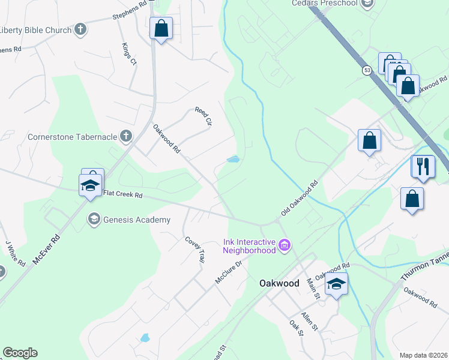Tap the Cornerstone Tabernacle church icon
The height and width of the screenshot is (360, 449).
click(x=125, y=136)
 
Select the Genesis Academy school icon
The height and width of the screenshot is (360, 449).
click(x=94, y=220)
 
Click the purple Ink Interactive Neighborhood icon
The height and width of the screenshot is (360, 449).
click(x=285, y=245)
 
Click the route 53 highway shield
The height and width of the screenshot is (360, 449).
click(x=367, y=71)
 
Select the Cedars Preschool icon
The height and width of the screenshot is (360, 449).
click(x=367, y=3)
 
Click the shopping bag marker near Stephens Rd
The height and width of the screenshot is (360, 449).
click(x=161, y=28)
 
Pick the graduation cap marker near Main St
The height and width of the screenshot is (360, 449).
click(x=336, y=284)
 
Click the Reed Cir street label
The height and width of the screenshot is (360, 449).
click(x=204, y=116)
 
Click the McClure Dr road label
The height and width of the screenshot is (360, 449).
click(x=228, y=272)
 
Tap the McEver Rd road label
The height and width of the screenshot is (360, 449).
click(x=47, y=247)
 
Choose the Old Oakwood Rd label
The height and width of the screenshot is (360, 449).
click(x=299, y=200)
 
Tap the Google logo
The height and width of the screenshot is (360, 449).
click(x=20, y=353)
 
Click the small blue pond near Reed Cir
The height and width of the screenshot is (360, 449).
click(x=233, y=160)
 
